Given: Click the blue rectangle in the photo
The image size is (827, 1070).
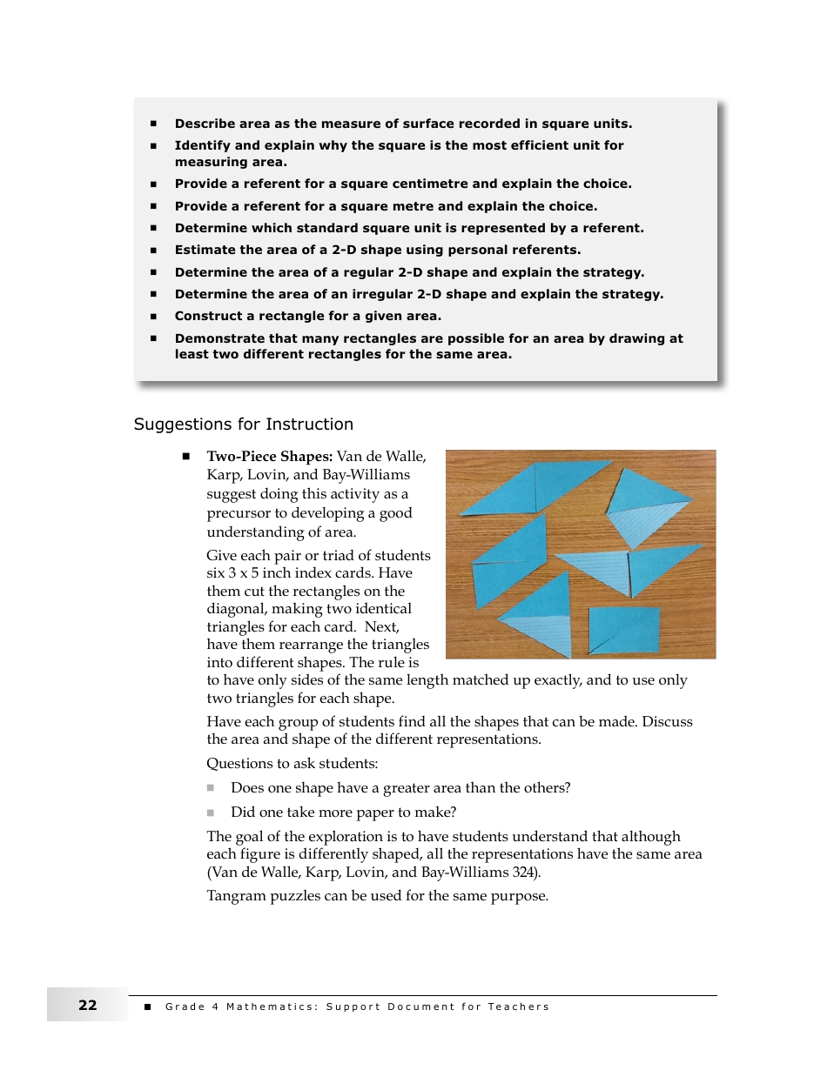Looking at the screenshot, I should point(624,629).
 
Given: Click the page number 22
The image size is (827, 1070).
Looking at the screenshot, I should point(87,1006).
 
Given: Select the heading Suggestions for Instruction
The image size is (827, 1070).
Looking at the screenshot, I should point(243,425).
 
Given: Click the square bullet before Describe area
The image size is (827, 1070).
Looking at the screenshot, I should point(153,124).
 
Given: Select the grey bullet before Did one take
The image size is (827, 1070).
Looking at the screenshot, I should point(211,813).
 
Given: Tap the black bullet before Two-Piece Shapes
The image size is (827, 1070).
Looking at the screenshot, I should point(185,456).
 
